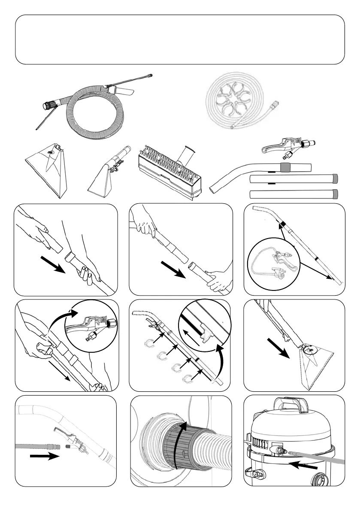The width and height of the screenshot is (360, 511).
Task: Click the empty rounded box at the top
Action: (180, 39)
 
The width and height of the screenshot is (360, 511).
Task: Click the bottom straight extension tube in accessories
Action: (294, 194)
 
